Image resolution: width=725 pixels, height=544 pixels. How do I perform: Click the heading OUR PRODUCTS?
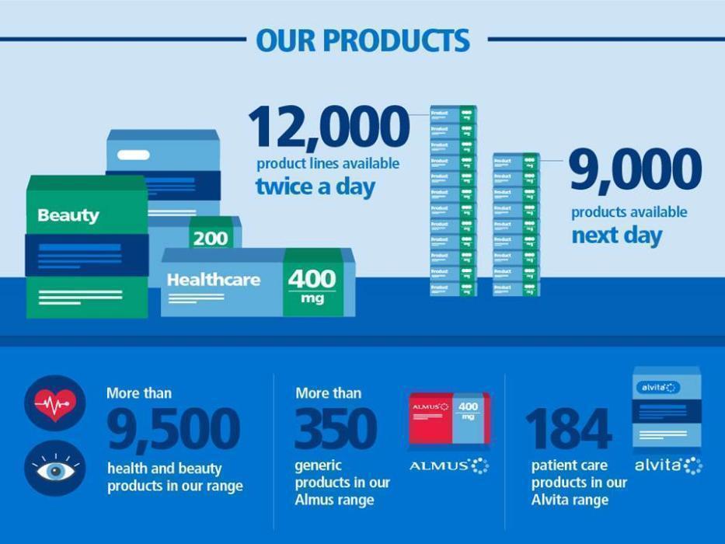363,40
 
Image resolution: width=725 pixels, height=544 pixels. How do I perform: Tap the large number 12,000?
328,127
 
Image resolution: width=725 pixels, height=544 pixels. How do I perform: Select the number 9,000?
635,170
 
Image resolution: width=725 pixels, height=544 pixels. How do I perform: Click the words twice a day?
315,187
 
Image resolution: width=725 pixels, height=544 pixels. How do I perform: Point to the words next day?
617,235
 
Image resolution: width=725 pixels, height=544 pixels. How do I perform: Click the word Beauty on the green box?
68,215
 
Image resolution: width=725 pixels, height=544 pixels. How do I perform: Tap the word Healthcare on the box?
214,279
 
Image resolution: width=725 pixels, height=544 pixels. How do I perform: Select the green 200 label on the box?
211,238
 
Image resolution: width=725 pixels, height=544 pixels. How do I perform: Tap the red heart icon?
55,403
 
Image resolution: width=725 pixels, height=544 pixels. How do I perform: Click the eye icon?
55,469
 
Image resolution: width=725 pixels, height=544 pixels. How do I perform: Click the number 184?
568,430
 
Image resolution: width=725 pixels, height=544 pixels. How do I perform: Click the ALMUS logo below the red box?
449,466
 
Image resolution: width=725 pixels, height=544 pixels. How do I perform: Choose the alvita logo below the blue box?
667,466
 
